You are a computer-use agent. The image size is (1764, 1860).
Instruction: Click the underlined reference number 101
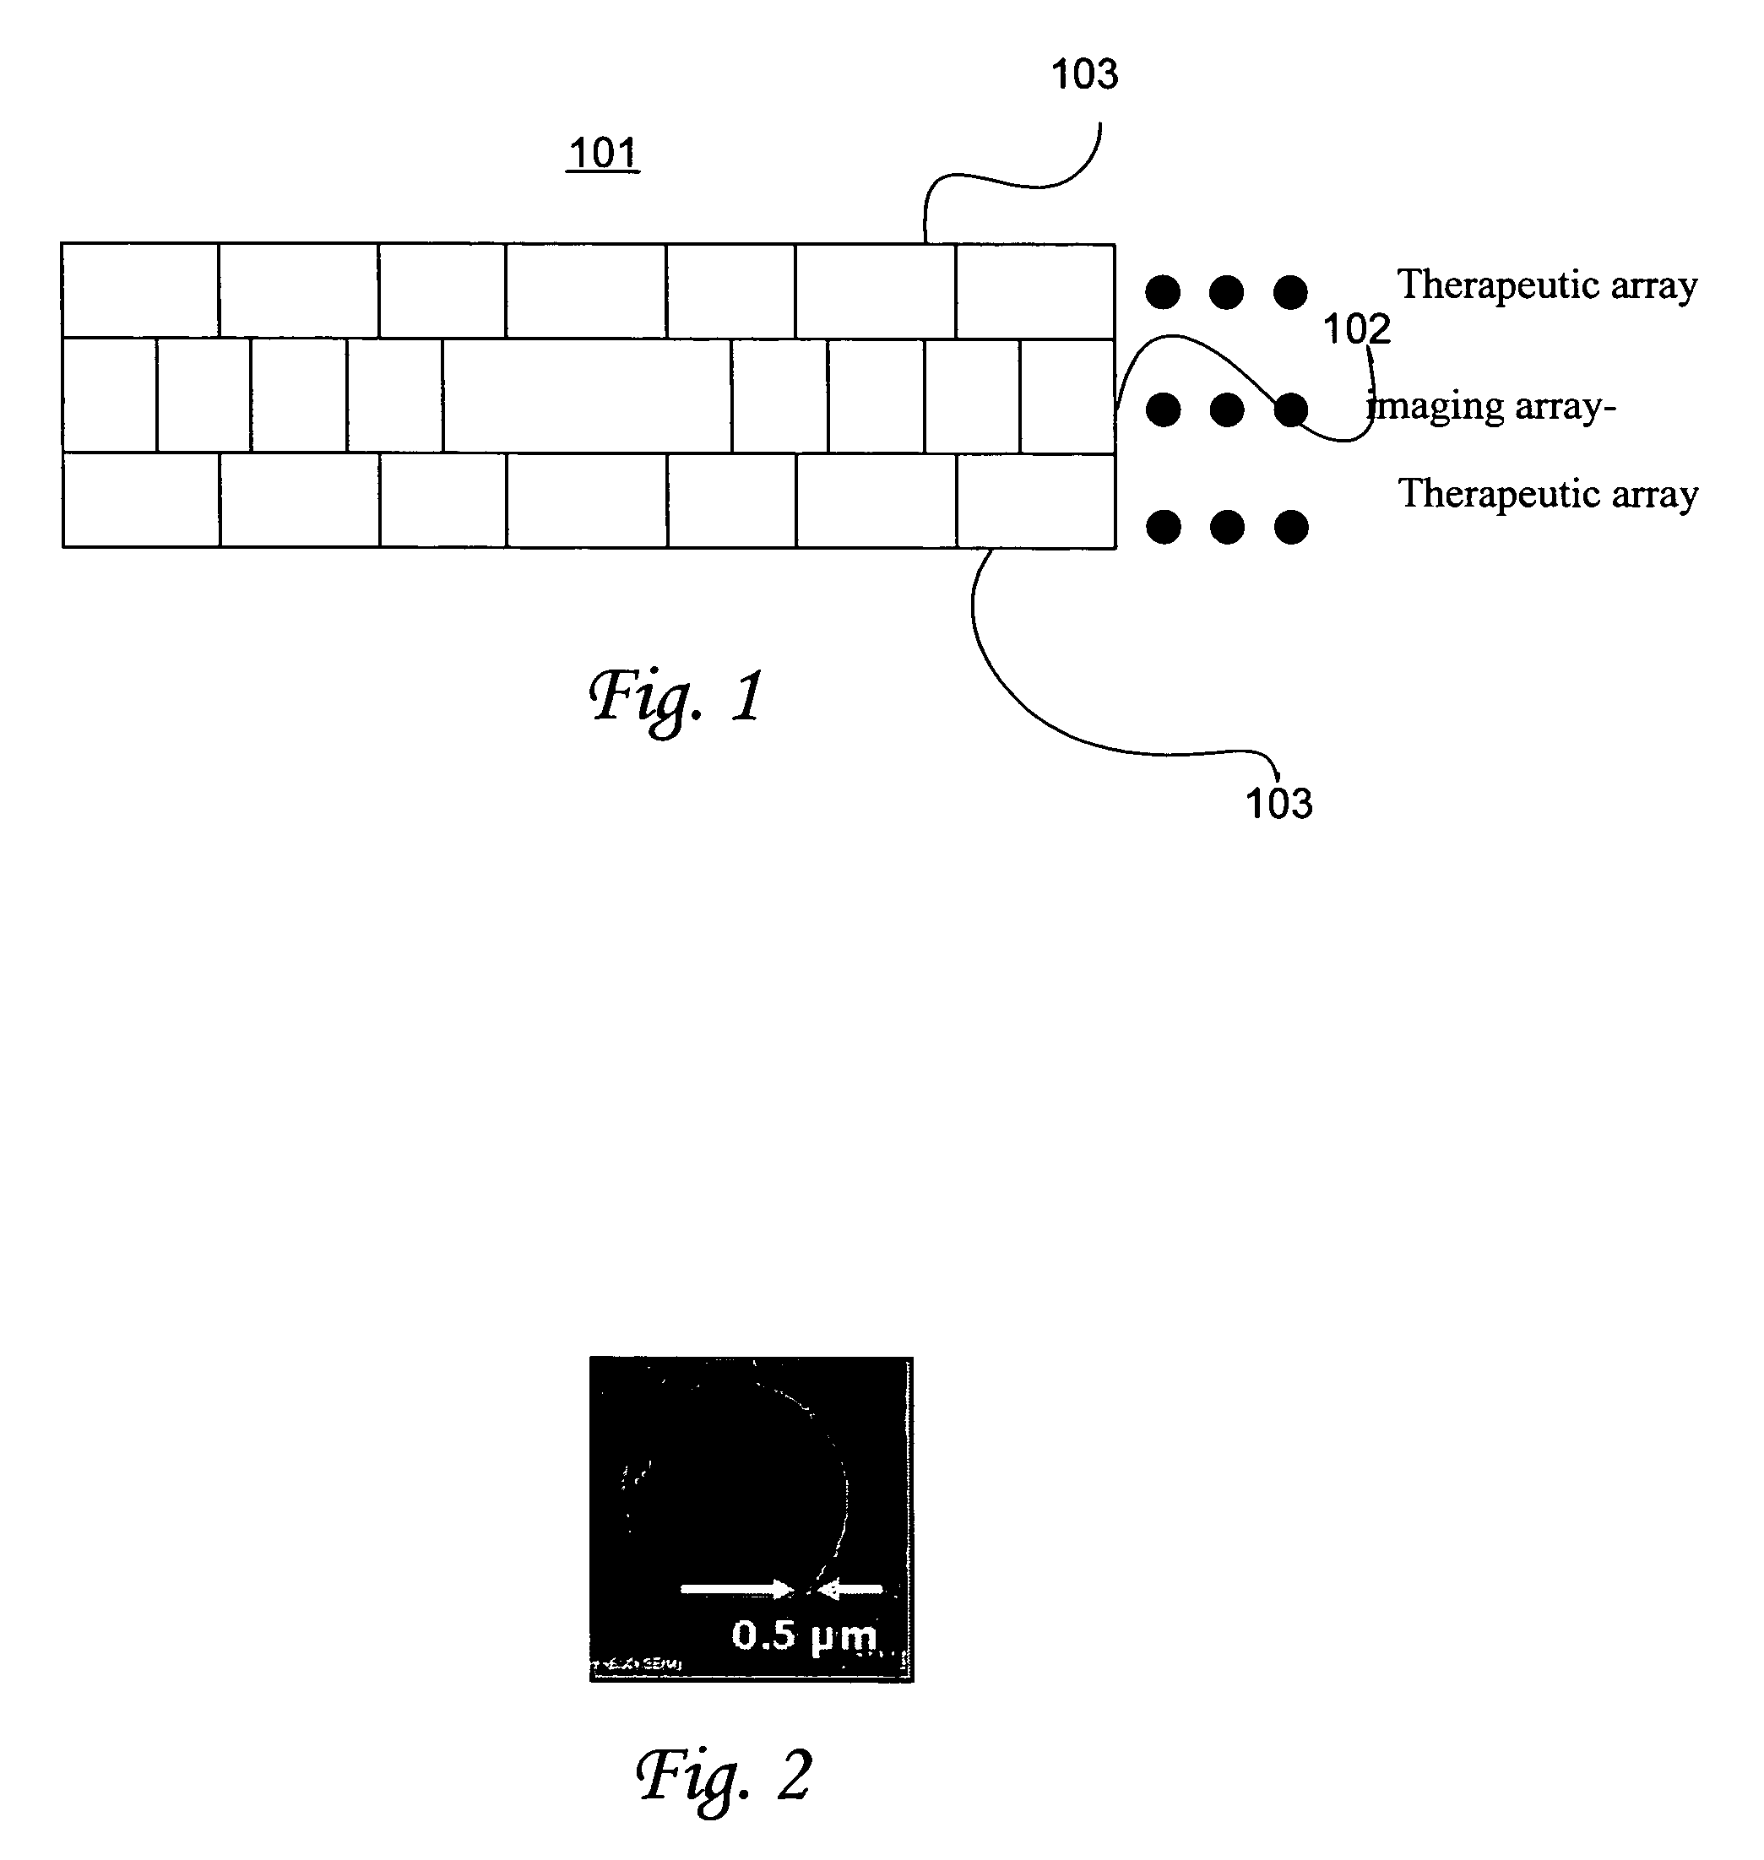pos(604,154)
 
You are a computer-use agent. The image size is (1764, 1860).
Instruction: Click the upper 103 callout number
pos(1084,74)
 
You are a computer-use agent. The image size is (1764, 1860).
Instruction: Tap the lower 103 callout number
pos(1278,804)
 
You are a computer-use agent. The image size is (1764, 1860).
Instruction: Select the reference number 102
pos(1356,329)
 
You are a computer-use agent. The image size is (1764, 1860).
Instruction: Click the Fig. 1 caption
pos(676,697)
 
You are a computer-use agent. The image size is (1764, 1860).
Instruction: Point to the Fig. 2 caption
pos(723,1776)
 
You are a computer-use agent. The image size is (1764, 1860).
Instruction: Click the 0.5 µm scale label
pos(803,1635)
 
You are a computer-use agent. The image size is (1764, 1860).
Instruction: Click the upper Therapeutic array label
pos(1547,284)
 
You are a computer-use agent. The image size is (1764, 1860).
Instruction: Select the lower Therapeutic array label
pos(1548,493)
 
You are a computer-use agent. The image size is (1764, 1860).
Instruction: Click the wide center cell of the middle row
pos(588,396)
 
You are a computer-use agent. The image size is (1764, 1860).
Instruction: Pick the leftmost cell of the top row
pos(140,290)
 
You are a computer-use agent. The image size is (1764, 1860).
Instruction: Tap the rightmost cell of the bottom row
pos(1036,501)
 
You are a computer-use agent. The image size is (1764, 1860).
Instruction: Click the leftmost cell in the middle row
pos(109,396)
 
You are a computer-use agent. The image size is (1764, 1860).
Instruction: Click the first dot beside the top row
pos(1163,291)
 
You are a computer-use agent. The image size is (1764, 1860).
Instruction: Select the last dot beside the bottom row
pos(1291,527)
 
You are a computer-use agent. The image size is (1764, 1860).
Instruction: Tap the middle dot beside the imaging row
pos(1227,409)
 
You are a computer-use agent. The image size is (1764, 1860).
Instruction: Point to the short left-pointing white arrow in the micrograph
pos(851,1589)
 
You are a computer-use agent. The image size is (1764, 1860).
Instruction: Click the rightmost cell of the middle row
pos(1068,396)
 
